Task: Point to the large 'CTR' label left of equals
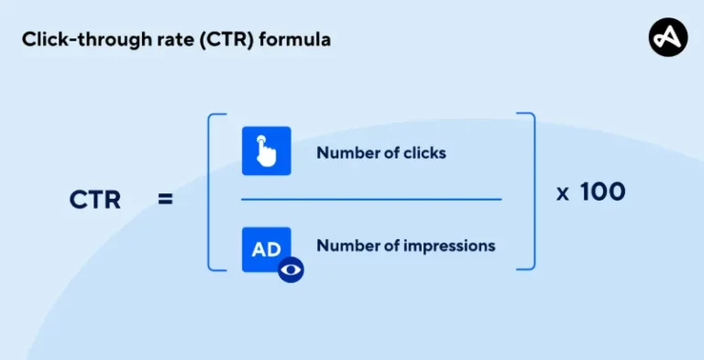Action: [x=95, y=199]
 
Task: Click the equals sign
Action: [x=165, y=199]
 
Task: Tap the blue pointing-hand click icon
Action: [x=266, y=150]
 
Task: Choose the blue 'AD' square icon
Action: [x=266, y=249]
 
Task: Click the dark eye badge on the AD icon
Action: [x=291, y=269]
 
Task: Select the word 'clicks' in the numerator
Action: [x=425, y=153]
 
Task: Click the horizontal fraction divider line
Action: [x=371, y=199]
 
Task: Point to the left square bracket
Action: [x=214, y=191]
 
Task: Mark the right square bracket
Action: [x=527, y=191]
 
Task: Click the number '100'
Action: [x=603, y=191]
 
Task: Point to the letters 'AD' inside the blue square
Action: [x=266, y=248]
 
